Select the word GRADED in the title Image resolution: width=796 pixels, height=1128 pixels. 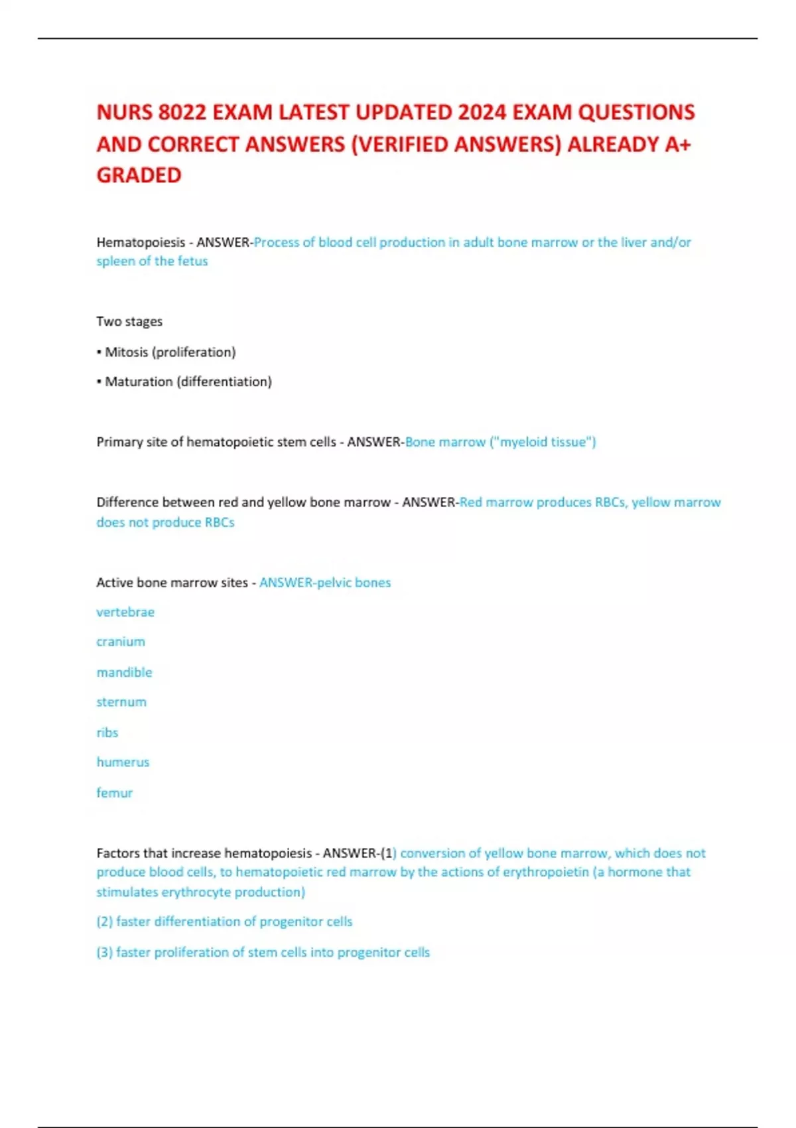click(139, 175)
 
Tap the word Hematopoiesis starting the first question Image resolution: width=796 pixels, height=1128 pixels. click(141, 242)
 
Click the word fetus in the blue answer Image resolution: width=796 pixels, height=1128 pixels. click(192, 261)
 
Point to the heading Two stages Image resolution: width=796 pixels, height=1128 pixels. click(129, 322)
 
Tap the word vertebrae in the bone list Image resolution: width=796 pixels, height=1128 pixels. click(125, 612)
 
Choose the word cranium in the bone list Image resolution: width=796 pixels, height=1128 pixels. click(121, 642)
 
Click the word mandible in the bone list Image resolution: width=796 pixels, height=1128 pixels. click(124, 673)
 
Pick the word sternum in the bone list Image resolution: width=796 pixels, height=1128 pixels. click(121, 702)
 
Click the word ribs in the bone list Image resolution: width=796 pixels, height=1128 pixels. click(107, 733)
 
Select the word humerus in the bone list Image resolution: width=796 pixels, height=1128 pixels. click(123, 762)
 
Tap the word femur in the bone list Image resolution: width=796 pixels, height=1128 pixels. click(115, 793)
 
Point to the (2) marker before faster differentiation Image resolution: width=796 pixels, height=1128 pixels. click(104, 922)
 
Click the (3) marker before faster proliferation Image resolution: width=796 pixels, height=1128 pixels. click(104, 953)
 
